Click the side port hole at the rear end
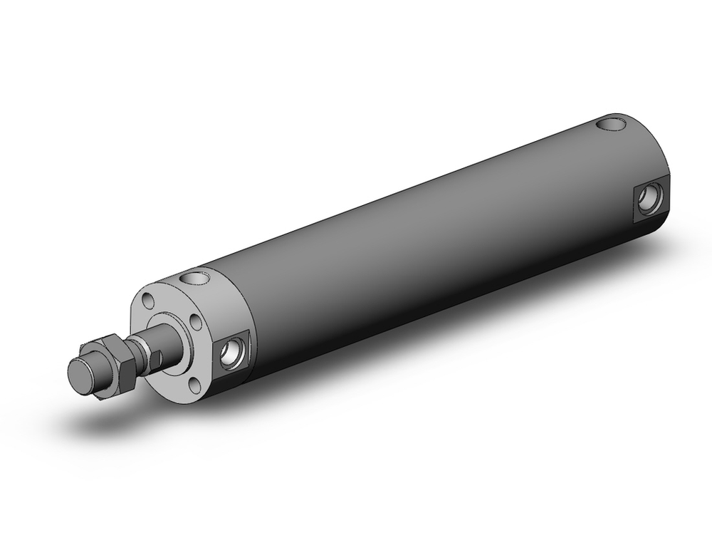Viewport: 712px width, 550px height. click(x=649, y=198)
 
